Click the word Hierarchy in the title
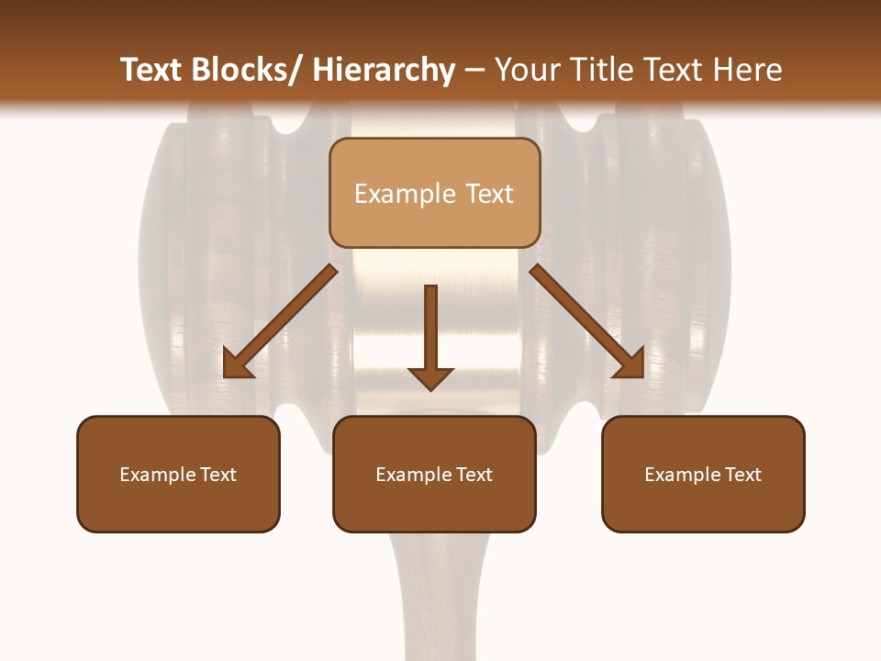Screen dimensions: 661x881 [384, 71]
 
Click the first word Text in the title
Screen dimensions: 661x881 [152, 71]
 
